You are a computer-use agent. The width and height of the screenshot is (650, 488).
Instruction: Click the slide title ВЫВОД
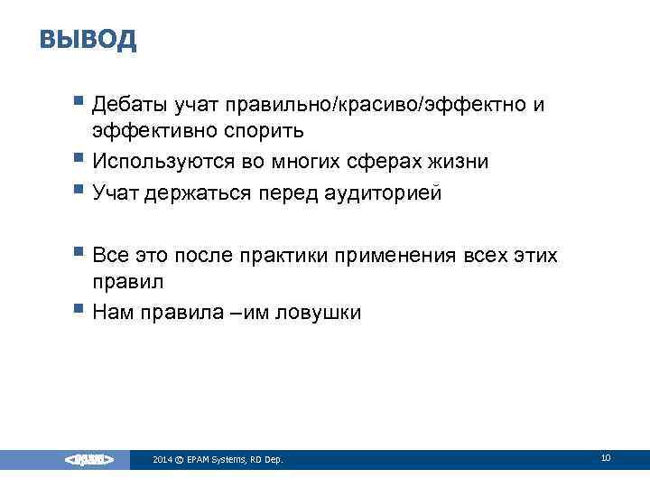(88, 40)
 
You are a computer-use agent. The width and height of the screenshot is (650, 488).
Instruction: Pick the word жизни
(464, 162)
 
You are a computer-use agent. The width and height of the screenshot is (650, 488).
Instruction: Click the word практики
(294, 256)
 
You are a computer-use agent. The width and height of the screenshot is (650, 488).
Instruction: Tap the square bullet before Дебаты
(79, 103)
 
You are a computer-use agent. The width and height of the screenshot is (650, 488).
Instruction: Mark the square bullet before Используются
(79, 159)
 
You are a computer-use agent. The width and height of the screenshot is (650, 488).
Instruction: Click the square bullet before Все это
(79, 253)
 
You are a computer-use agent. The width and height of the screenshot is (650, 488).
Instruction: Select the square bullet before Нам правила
(79, 310)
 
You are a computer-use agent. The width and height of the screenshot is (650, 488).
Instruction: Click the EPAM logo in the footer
(88, 460)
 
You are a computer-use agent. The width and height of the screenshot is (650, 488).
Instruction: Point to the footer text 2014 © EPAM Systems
(218, 460)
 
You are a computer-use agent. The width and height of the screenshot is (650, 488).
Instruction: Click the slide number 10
(605, 458)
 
